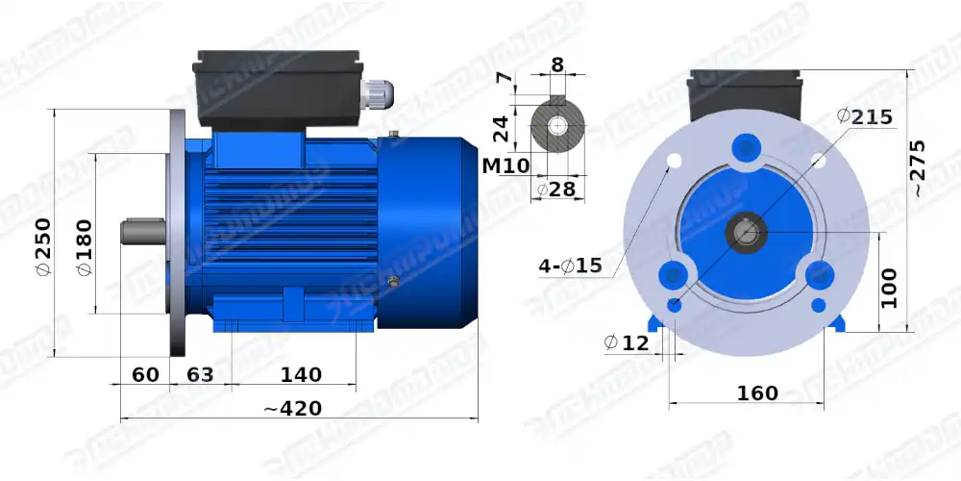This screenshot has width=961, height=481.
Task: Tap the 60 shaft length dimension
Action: [145, 374]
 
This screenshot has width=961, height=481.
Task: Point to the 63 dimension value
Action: [199, 374]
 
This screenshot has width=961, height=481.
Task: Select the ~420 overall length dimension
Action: [293, 409]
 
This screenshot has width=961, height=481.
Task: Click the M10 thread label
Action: [505, 165]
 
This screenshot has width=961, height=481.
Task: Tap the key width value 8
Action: [557, 66]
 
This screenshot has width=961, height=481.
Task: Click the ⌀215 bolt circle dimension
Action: [865, 116]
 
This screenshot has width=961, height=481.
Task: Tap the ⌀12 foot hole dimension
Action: [626, 342]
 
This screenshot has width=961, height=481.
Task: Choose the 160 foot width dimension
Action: [757, 393]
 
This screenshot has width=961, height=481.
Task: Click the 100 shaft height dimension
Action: [890, 287]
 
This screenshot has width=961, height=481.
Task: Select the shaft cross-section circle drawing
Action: [557, 126]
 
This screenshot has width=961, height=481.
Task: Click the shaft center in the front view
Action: [747, 232]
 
